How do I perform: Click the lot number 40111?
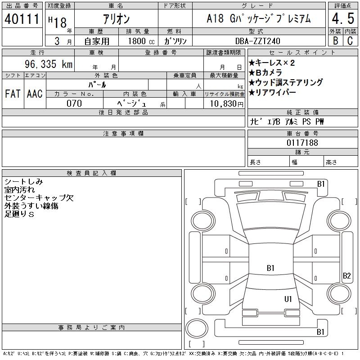tap(22, 19)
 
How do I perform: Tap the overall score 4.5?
tap(343, 18)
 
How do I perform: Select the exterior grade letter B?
tap(335, 40)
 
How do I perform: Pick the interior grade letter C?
tap(350, 40)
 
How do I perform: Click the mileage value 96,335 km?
tap(49, 64)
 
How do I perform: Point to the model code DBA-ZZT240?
tap(258, 41)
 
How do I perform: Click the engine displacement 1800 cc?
tap(141, 41)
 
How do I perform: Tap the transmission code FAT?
tap(13, 94)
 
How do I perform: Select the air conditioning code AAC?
tap(35, 94)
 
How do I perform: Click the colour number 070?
tap(74, 103)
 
